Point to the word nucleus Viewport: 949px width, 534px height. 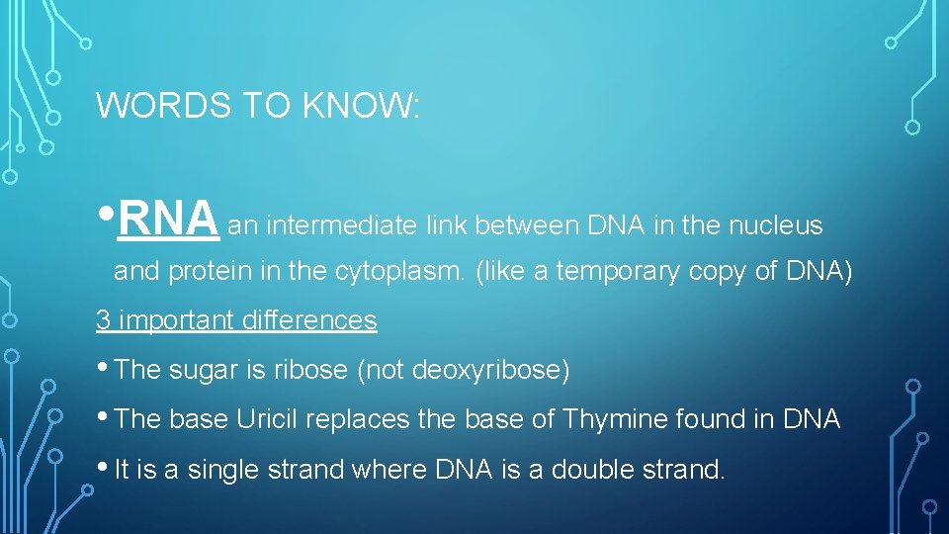(x=775, y=226)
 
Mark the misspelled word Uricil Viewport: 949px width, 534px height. (x=268, y=420)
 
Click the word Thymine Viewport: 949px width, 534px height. (x=615, y=420)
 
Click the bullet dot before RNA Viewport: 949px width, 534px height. (x=107, y=215)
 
